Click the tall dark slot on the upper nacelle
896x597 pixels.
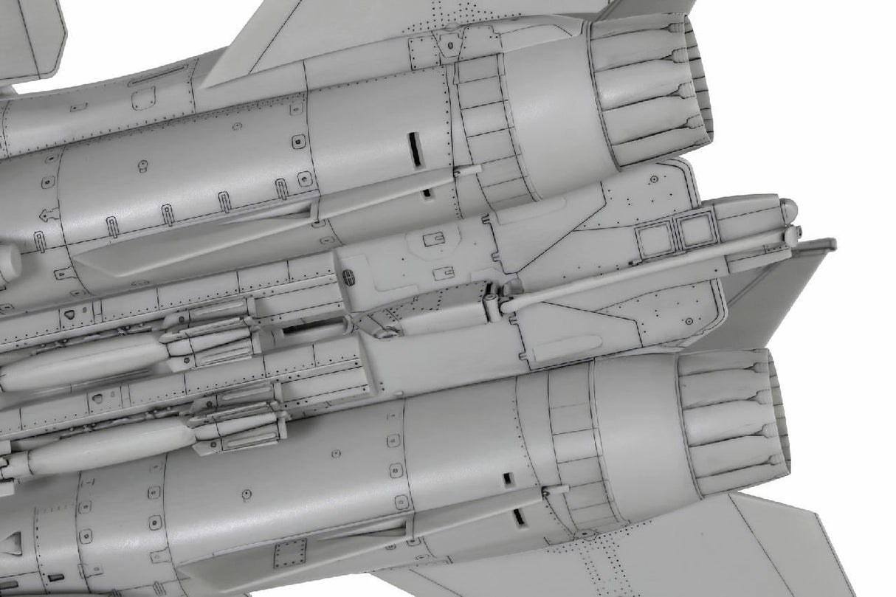tap(415, 150)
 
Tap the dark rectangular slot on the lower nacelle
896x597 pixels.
tap(508, 479)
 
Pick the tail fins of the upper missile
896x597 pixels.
tap(214, 336)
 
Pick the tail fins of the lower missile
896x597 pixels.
tap(232, 421)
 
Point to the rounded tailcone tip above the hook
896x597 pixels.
tap(788, 210)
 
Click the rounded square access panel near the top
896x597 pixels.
tap(143, 97)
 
